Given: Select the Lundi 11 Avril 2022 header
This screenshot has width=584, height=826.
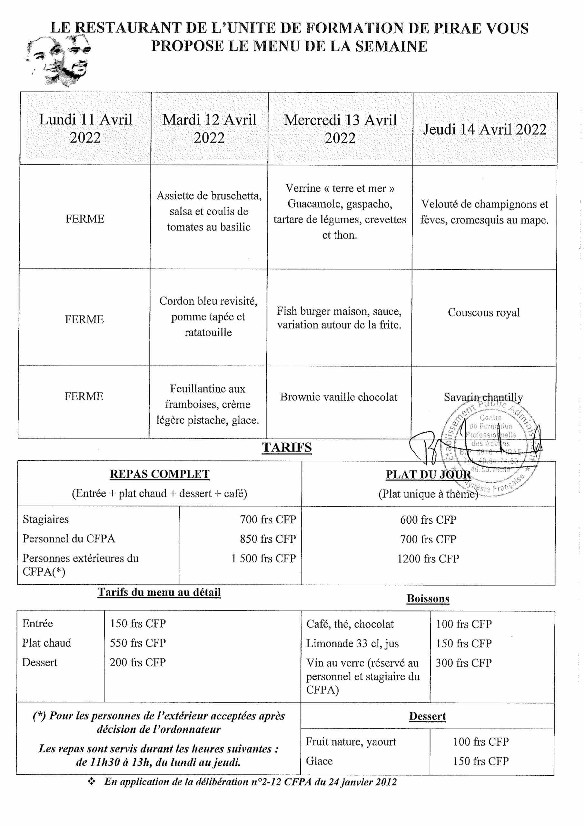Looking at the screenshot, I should point(85,128).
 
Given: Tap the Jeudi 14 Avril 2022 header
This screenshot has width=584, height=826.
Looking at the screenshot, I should point(484,129).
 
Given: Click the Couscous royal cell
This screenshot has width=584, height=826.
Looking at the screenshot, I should point(484,312).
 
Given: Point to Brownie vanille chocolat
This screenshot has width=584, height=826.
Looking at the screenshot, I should point(339,397).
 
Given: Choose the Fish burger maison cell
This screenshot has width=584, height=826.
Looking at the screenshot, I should point(339,318).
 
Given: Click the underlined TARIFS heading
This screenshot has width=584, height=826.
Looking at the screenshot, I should point(287,447).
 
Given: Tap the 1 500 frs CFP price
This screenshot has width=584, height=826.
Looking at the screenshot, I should point(263,558).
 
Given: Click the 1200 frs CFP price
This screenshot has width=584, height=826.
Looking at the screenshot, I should point(428,558).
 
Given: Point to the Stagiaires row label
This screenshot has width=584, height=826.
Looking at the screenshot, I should point(46,519).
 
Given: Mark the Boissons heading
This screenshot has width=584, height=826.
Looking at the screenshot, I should point(428,599).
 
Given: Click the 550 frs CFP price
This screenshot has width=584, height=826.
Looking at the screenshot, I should point(138,642).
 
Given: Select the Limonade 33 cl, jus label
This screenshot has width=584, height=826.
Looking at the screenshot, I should point(352,643).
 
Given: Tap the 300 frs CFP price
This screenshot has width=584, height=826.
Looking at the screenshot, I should point(463,663).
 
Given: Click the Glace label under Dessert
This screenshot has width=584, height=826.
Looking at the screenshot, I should point(319,761).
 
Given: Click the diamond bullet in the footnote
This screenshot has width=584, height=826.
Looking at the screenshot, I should point(92,781).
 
